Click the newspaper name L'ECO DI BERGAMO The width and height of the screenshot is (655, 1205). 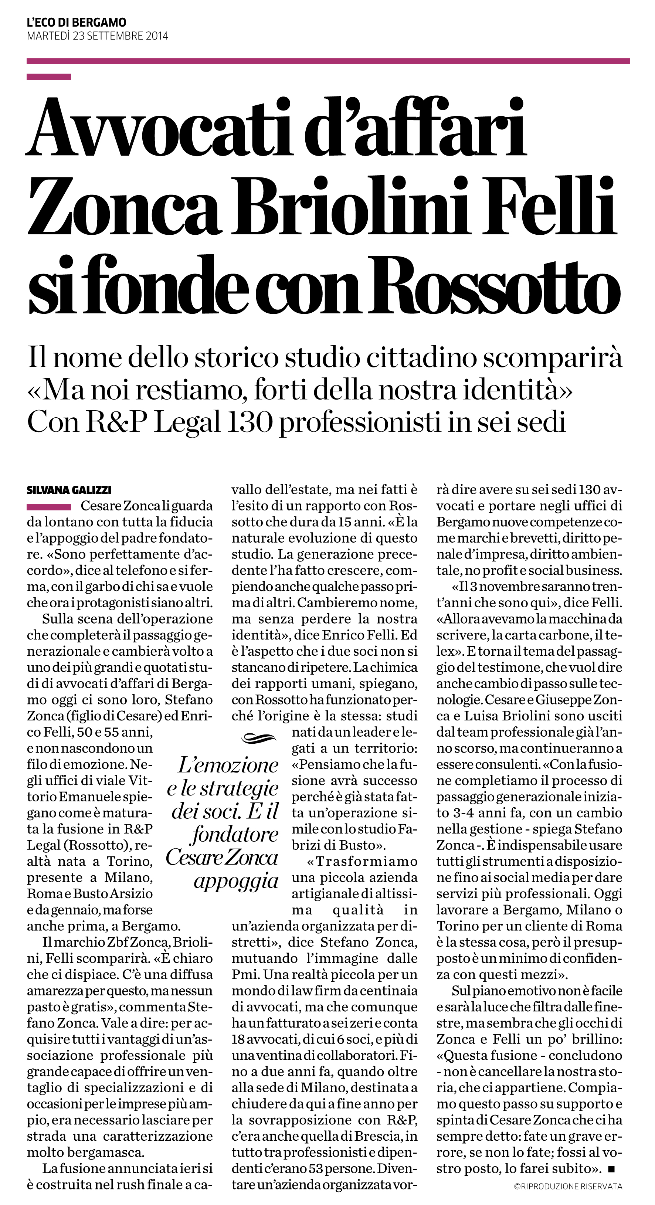(76, 22)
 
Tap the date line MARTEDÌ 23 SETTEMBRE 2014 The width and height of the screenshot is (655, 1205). (97, 36)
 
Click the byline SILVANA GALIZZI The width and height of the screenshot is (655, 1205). (69, 490)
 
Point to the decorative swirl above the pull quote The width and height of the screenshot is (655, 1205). (259, 738)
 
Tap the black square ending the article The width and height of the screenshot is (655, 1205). (611, 1170)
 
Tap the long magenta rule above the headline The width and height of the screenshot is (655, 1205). (327, 61)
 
